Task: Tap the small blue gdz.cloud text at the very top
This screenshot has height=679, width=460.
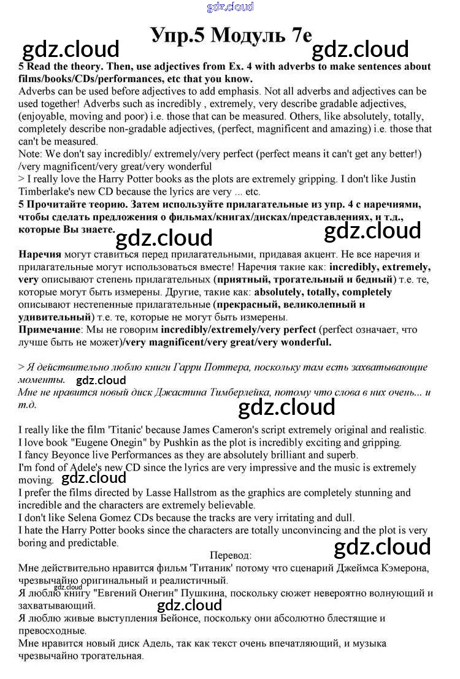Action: tap(230, 7)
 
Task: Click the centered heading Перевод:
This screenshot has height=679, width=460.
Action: tap(230, 555)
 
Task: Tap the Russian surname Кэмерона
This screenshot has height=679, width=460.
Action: tap(400, 568)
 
